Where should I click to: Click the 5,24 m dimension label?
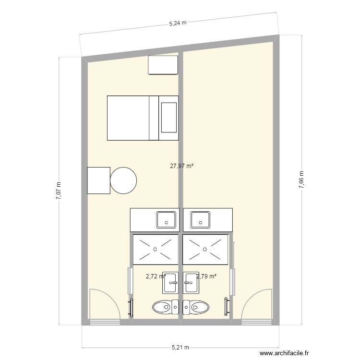point(178,22)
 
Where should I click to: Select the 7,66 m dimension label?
point(301,180)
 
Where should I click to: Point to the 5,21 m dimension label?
point(180,348)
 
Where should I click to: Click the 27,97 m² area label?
point(181,166)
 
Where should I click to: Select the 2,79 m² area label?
point(206,276)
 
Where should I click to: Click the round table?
point(123,180)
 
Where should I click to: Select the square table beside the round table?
point(99,180)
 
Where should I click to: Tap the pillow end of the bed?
point(168,118)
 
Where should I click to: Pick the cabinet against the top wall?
point(163,65)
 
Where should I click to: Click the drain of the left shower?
point(155,249)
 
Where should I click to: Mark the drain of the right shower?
point(205,249)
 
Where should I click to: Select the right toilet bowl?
point(199,306)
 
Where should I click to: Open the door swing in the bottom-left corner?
point(104,304)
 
